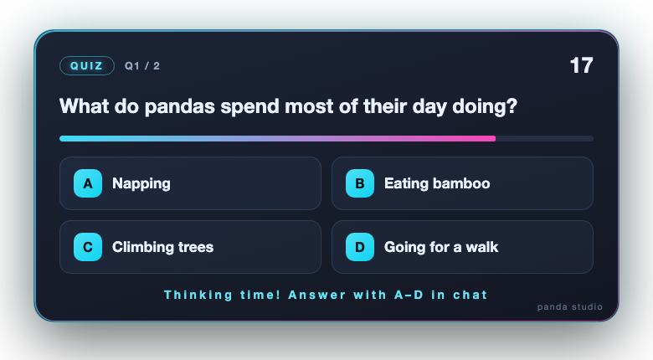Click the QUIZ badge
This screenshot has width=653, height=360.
coord(87,66)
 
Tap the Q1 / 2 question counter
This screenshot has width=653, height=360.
coord(142,66)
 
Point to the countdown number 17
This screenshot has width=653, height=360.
coord(581,65)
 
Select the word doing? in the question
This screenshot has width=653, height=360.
coord(485,106)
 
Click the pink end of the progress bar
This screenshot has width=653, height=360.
coord(492,138)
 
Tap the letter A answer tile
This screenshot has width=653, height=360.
coord(88,183)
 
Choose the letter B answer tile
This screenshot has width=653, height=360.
coord(360,183)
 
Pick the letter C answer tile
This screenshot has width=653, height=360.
coord(88,247)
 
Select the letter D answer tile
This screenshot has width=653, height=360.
coord(360,247)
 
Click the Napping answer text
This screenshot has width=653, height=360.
coord(141,183)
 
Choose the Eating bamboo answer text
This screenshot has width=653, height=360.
coord(437,183)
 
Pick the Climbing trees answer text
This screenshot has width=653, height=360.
coord(163,247)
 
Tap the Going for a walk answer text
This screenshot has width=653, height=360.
coord(441,247)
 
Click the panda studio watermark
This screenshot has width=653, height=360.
coord(570,307)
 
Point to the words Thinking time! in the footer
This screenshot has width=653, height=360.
coord(222,295)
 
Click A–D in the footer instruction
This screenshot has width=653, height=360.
coord(409,295)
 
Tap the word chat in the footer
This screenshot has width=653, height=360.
coord(470,295)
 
